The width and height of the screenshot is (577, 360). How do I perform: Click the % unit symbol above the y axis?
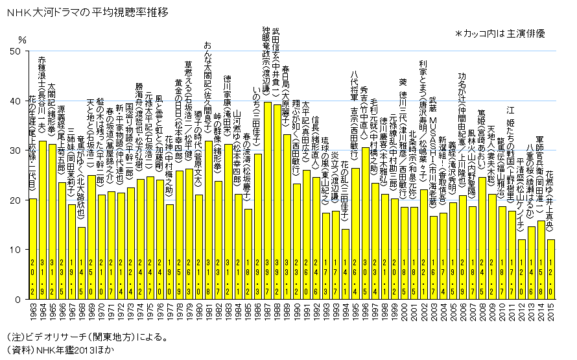[22, 40]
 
